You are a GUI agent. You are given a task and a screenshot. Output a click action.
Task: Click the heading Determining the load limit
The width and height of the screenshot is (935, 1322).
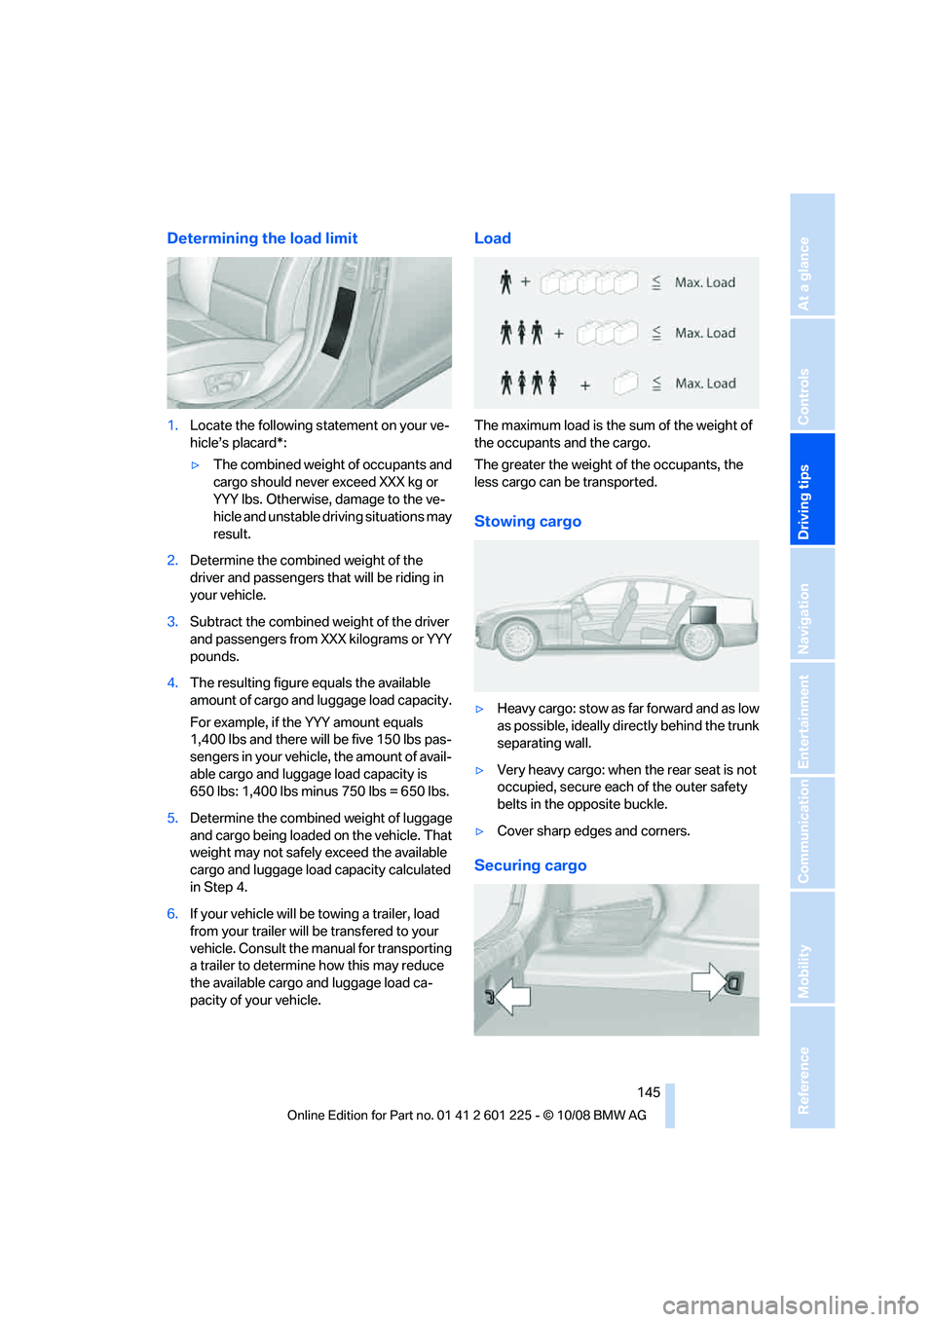[262, 239]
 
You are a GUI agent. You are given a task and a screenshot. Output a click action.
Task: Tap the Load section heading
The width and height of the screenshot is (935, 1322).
[492, 239]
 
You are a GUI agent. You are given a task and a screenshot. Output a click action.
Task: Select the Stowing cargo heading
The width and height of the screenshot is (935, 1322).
[527, 522]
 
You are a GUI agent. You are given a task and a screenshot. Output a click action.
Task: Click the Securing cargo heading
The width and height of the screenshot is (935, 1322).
[530, 865]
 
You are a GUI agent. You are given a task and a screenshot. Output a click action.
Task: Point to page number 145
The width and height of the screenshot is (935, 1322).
[649, 1092]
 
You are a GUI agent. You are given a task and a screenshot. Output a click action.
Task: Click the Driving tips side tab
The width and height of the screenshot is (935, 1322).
[804, 500]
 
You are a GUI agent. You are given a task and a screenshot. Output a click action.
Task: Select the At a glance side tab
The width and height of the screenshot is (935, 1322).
[804, 274]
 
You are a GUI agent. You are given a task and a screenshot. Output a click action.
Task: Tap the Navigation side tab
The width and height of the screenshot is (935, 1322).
[804, 617]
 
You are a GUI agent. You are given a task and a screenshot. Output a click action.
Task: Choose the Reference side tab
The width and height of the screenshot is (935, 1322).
[804, 1079]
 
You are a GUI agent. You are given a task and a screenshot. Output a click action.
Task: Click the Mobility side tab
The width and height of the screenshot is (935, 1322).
[804, 970]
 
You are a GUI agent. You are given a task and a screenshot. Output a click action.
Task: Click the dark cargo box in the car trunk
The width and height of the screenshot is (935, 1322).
[702, 614]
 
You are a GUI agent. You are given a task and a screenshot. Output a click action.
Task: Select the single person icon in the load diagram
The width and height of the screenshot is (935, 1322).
[505, 282]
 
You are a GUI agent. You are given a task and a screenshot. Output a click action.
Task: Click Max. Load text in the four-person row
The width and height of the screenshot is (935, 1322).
[705, 384]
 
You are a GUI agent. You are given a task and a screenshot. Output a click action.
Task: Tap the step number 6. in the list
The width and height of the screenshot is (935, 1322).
[172, 914]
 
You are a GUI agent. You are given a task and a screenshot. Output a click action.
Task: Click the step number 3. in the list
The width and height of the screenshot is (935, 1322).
[172, 622]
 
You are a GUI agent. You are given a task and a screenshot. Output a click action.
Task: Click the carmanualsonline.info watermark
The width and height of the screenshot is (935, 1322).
[790, 1304]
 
